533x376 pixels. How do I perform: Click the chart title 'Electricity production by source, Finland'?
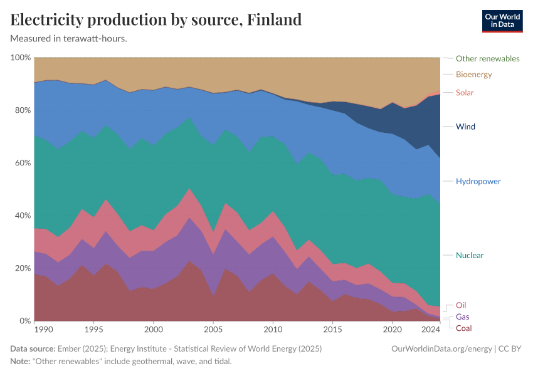tap(156, 19)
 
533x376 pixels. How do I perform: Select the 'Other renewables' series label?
tap(487, 58)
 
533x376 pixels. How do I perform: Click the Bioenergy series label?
tap(473, 75)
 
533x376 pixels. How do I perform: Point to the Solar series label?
tap(465, 93)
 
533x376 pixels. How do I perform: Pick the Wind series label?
tap(465, 127)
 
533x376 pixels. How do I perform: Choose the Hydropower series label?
tap(478, 181)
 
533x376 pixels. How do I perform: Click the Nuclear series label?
tap(470, 255)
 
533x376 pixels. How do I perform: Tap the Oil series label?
tap(461, 305)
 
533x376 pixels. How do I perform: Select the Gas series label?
tap(462, 317)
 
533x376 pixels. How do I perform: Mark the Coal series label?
tap(464, 328)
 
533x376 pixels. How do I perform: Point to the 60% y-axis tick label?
tap(23, 163)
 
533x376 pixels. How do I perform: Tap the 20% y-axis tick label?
tap(23, 268)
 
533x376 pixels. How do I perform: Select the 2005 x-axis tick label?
tap(213, 329)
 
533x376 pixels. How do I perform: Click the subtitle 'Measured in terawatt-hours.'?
tap(69, 38)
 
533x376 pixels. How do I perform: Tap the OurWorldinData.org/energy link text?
tap(440, 348)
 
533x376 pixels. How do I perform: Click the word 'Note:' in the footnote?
tap(21, 362)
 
